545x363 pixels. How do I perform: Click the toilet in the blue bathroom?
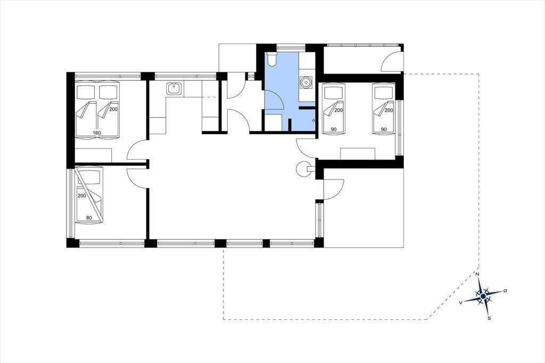coord(272,60)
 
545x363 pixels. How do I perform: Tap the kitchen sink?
coord(173,89)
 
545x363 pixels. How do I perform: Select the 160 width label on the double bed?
coord(97,133)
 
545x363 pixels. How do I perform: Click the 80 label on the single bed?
coord(89,218)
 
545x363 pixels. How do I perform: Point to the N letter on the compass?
coord(477,275)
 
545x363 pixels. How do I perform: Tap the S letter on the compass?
coord(489,318)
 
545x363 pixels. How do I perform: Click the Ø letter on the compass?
coord(505,291)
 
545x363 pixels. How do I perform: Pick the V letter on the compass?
coord(461,303)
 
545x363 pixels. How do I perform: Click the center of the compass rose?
coord(483,296)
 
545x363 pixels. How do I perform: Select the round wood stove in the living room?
coord(302,169)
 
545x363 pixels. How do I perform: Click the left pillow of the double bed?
coord(86,92)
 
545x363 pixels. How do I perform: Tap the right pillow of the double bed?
coord(109,92)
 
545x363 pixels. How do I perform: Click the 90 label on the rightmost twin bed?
coord(384,129)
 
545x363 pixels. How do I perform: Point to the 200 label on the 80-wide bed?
coord(81,196)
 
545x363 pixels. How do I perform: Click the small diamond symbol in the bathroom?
coord(313,120)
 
